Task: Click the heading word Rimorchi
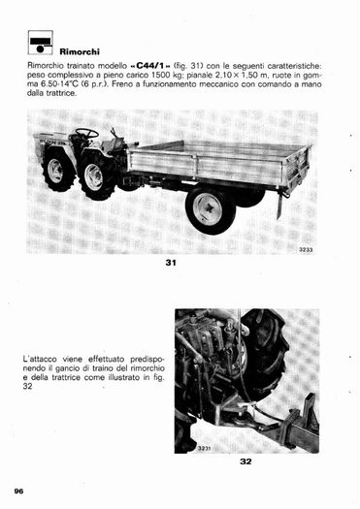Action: [80, 52]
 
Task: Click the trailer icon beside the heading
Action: [41, 43]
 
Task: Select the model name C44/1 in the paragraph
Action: [150, 66]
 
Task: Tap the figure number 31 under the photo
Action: [171, 263]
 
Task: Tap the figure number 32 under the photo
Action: [245, 461]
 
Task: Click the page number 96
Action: [18, 492]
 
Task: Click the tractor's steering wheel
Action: [87, 133]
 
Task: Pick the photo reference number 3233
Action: [306, 250]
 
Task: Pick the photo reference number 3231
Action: [205, 448]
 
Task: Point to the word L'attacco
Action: [41, 360]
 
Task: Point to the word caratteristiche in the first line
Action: [296, 66]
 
